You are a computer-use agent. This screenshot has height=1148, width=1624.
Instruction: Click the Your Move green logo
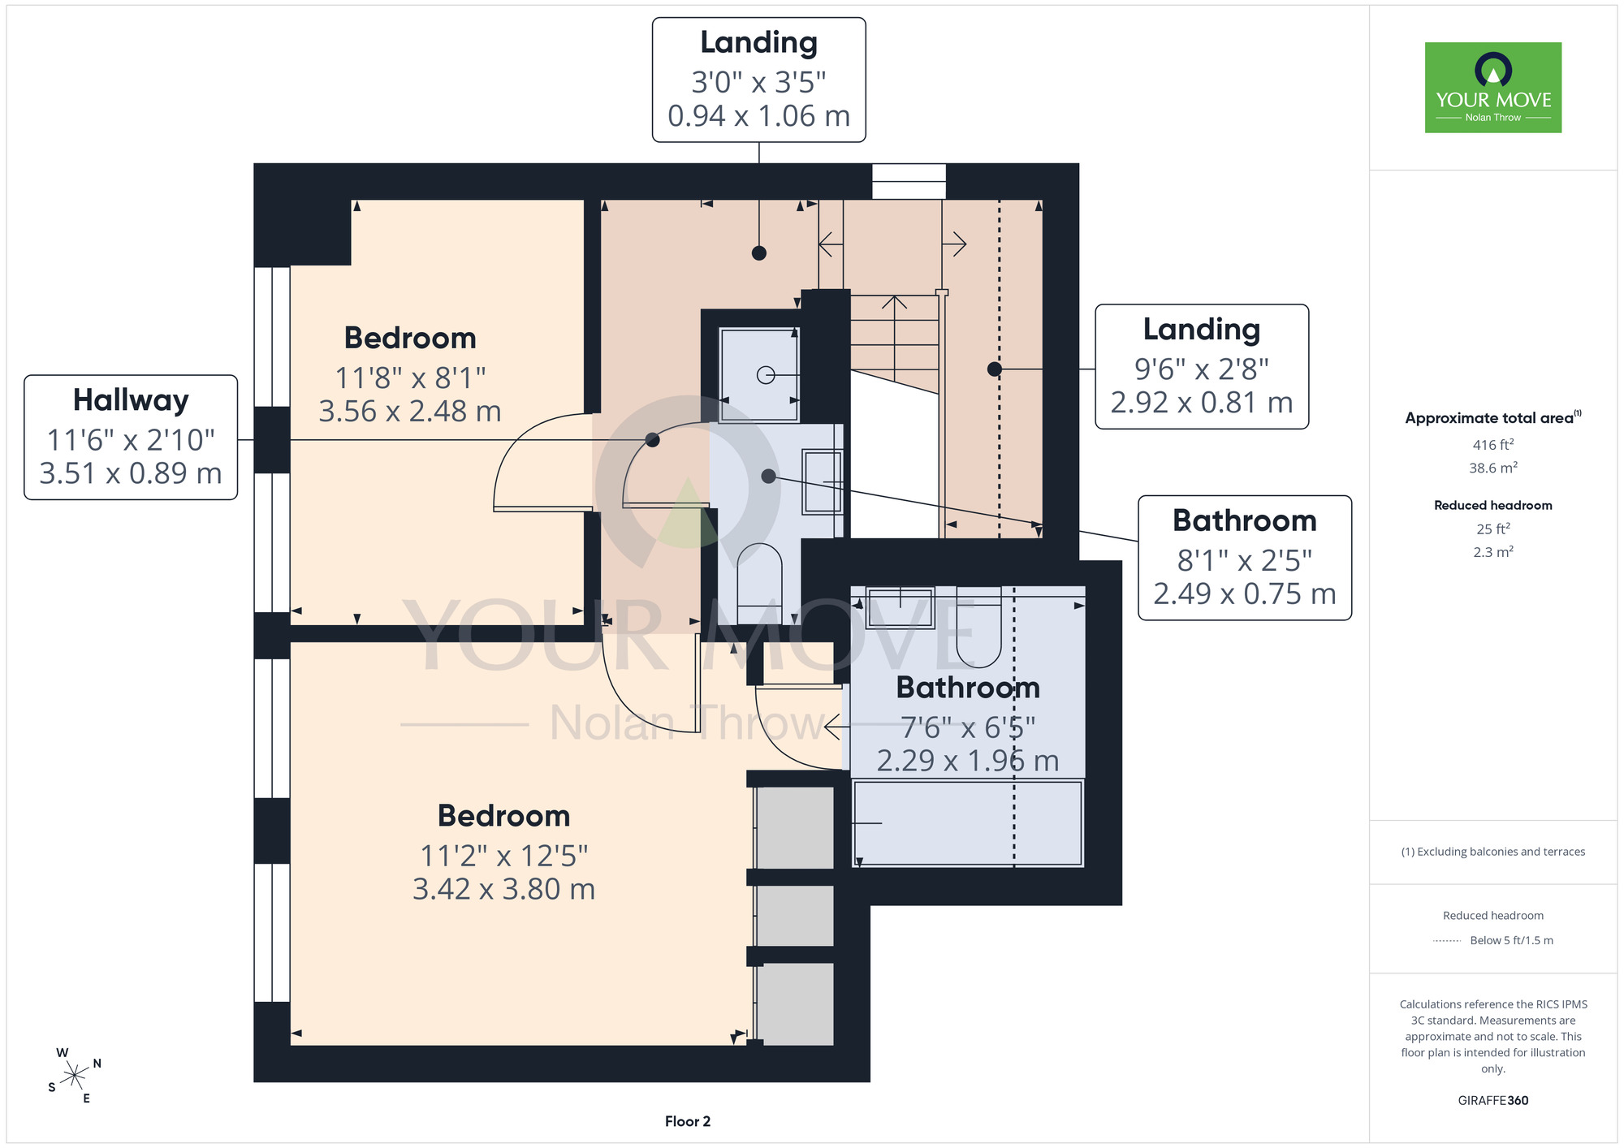pos(1492,88)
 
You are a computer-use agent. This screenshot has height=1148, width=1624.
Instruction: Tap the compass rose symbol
pos(75,1076)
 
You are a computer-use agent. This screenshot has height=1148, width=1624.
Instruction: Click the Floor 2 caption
pos(687,1121)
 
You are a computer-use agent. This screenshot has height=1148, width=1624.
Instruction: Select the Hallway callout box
pos(131,437)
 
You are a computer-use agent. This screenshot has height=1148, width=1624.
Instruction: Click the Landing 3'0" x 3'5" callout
pos(758,80)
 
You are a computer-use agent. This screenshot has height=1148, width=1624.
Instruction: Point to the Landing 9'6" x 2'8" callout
pos(1202,366)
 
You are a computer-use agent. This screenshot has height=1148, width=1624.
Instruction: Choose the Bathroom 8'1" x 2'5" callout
pos(1245,558)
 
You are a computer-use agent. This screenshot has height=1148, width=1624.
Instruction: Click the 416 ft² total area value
pos(1492,444)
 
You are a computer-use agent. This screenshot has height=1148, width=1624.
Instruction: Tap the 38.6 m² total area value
pos(1492,468)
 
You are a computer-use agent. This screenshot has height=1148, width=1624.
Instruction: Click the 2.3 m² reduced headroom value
pos(1492,552)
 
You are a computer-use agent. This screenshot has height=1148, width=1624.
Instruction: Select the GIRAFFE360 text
pos(1492,1101)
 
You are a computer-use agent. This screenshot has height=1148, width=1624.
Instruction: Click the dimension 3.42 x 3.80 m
pos(503,889)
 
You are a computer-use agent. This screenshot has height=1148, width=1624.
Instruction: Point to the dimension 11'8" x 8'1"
pos(410,378)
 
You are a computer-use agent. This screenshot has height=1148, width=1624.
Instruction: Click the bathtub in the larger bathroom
pos(967,823)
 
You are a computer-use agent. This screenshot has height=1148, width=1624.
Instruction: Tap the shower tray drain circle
pos(766,375)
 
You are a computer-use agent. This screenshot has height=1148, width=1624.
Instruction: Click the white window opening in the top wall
pos(909,181)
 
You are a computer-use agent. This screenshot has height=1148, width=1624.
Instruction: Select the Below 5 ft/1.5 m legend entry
pos(1511,940)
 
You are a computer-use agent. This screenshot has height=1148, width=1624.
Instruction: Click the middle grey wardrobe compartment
pos(795,916)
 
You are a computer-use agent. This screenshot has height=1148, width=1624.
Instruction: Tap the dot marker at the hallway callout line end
pos(652,440)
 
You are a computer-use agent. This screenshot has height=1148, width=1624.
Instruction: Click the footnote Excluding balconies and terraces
pos(1492,852)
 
